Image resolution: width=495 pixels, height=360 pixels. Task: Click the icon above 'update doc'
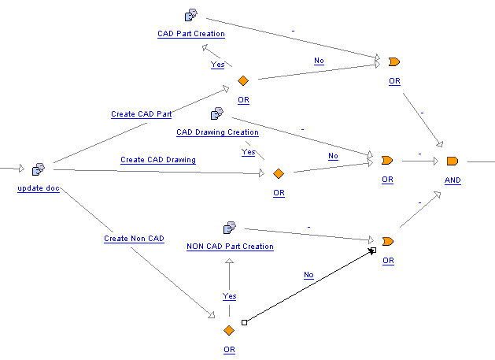(x=39, y=169)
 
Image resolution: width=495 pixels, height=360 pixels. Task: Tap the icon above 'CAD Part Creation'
(x=190, y=15)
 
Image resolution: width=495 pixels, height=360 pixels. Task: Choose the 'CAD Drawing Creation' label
(x=217, y=132)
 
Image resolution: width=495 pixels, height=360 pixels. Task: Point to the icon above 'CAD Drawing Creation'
(x=216, y=114)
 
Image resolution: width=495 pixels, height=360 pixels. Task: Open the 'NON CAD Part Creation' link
(x=230, y=247)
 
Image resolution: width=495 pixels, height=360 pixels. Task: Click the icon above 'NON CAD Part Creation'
(x=230, y=228)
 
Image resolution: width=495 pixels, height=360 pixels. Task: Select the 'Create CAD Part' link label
(x=142, y=114)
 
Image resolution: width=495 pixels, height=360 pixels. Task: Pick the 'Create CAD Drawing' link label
(x=158, y=160)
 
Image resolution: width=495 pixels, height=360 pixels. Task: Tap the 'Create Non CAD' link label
(x=134, y=238)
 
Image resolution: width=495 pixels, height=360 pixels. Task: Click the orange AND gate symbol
(x=452, y=161)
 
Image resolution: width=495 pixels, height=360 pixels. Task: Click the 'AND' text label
(x=453, y=180)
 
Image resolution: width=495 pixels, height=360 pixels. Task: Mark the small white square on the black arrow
(x=245, y=322)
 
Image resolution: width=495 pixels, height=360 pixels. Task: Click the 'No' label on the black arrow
(x=308, y=275)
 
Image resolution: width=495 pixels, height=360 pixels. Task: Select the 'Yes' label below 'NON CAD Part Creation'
(x=229, y=296)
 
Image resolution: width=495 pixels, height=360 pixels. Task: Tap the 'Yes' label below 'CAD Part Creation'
(x=217, y=65)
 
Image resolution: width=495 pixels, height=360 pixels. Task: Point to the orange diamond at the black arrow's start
(x=229, y=330)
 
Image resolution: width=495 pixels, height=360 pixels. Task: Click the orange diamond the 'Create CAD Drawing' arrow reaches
(x=278, y=173)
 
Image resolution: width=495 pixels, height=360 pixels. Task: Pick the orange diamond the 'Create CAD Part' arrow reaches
(x=243, y=81)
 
